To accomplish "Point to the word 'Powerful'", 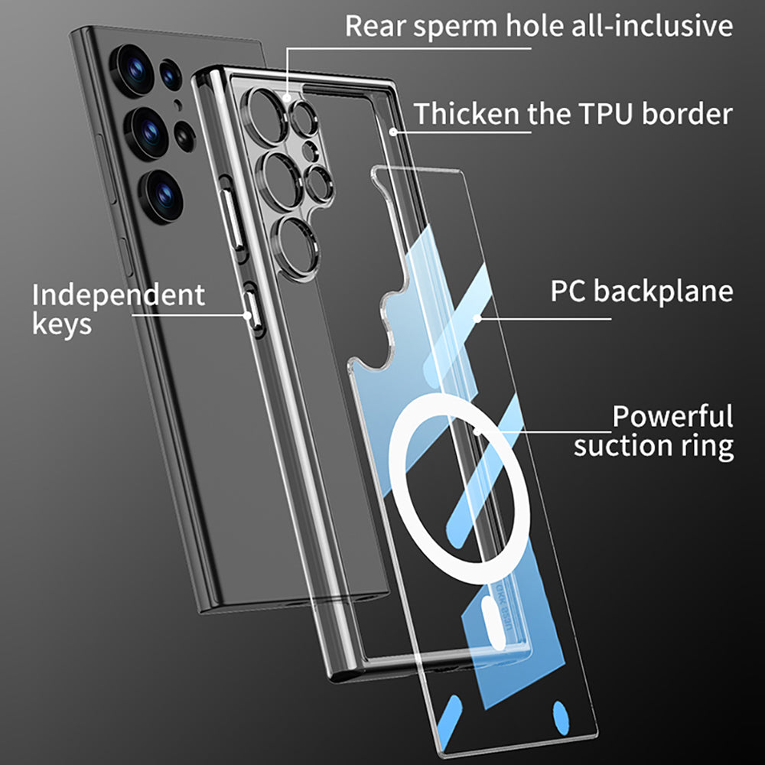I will tap(672, 417).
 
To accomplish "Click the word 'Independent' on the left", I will tap(119, 295).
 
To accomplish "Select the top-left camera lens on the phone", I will tap(134, 68).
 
